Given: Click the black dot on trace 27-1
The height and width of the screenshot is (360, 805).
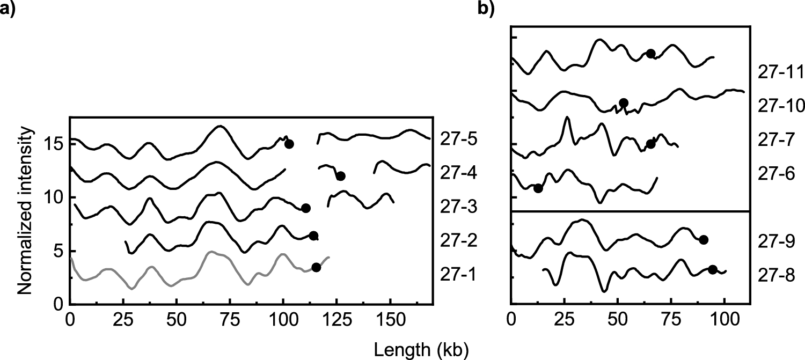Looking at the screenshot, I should pos(316,268).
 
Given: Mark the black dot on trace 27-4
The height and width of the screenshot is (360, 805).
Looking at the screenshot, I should pos(340,176).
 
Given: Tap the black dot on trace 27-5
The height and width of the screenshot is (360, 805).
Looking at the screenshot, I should pos(289,144).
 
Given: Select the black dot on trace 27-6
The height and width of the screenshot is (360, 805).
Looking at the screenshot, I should pos(538,188).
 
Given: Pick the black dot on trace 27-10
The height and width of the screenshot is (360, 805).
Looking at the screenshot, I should pos(624,103).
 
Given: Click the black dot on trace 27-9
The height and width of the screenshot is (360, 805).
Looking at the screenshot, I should pos(704,240).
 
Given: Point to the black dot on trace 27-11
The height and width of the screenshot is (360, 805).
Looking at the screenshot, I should pos(650,53).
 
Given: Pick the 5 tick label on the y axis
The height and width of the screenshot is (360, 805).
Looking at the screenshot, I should pos(58,251).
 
